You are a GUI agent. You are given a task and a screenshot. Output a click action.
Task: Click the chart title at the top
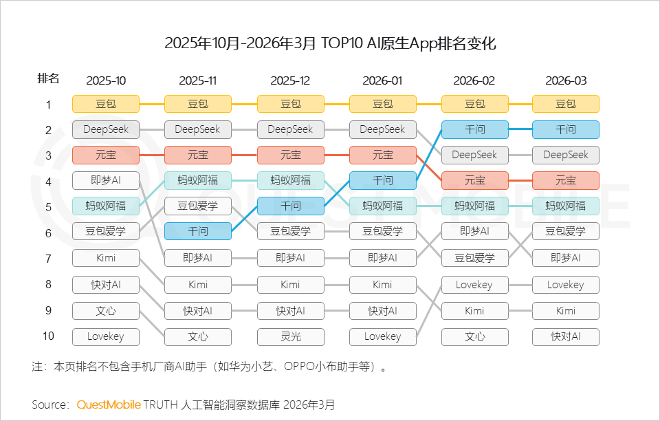click(330, 44)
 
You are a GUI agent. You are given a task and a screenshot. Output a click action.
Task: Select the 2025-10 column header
click(106, 80)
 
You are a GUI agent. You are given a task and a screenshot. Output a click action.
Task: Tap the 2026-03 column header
click(566, 80)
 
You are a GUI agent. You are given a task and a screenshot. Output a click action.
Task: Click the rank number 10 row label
click(48, 336)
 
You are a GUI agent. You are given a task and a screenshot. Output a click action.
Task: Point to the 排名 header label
click(48, 79)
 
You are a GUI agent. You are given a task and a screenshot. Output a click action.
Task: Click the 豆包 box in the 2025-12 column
click(290, 104)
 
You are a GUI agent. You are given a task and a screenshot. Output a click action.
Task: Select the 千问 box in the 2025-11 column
click(198, 231)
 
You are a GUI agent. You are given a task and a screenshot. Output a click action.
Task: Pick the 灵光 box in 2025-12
click(290, 336)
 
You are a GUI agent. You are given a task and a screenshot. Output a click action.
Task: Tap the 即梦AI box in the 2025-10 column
click(106, 180)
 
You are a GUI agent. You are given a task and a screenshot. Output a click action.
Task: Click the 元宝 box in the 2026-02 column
click(475, 180)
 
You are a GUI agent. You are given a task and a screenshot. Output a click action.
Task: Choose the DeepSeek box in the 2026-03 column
click(566, 155)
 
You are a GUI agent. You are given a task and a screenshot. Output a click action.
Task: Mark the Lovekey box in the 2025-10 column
click(106, 336)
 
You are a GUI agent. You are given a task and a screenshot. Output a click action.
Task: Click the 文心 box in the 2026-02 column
click(475, 336)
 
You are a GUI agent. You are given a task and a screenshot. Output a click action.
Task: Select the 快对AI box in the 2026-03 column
click(566, 336)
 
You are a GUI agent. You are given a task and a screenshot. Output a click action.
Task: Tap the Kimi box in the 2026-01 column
click(383, 285)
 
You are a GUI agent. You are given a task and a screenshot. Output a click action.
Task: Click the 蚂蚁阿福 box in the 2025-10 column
click(106, 205)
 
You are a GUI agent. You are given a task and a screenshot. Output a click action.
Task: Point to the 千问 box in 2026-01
click(383, 180)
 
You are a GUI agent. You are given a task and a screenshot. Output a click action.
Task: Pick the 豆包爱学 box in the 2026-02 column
click(475, 258)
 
